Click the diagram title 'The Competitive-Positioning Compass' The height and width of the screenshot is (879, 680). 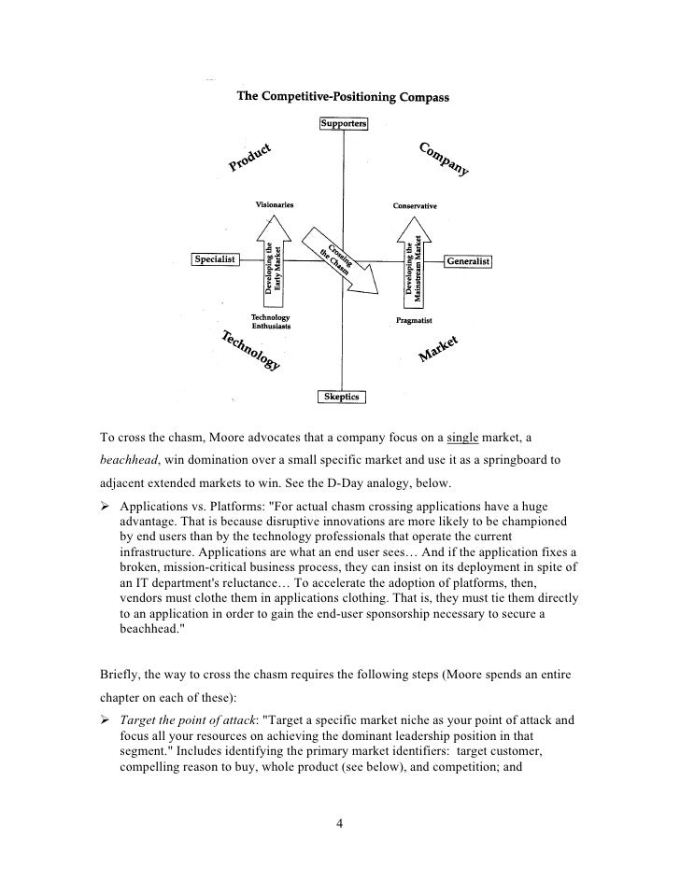click(x=344, y=96)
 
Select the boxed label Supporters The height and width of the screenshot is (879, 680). click(x=344, y=124)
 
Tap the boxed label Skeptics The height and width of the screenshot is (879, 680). click(x=343, y=397)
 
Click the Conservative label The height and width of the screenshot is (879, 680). click(x=414, y=206)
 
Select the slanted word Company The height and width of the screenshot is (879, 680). click(x=444, y=160)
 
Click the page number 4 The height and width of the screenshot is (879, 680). click(x=340, y=823)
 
